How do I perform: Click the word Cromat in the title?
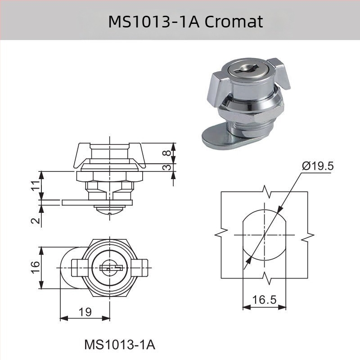pyautogui.click(x=234, y=21)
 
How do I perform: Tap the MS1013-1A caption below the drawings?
pyautogui.click(x=120, y=345)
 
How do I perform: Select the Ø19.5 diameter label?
pyautogui.click(x=317, y=166)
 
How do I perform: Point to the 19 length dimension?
pyautogui.click(x=85, y=311)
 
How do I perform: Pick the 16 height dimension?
pyautogui.click(x=36, y=268)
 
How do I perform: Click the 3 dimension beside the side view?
pyautogui.click(x=166, y=167)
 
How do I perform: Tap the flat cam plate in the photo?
pyautogui.click(x=216, y=137)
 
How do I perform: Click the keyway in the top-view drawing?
pyautogui.click(x=110, y=268)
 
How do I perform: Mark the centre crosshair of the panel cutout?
pyautogui.click(x=265, y=235)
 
